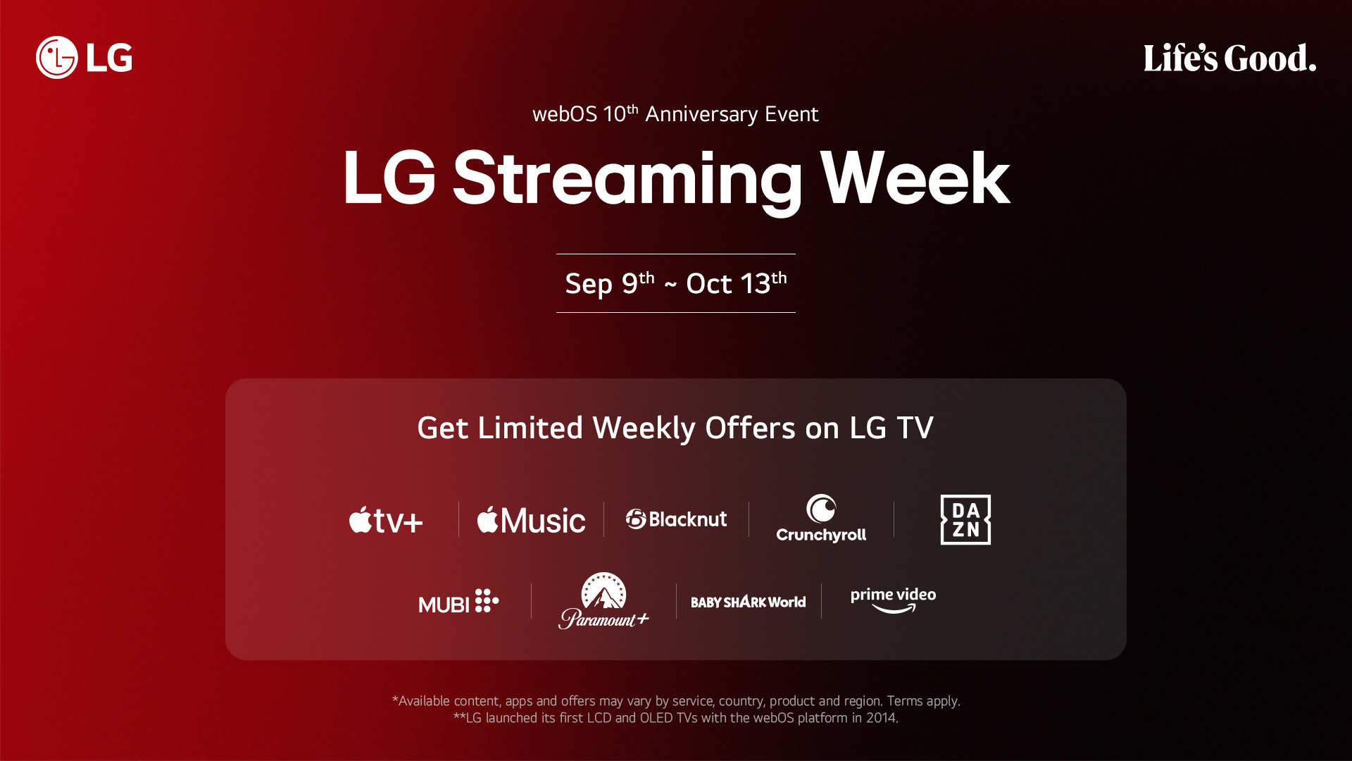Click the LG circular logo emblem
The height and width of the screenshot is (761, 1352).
coord(56,58)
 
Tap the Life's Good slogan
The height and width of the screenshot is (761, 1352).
coord(1229,58)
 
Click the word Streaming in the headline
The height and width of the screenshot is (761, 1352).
coord(627,179)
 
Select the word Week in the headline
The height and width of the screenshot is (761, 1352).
coord(915,179)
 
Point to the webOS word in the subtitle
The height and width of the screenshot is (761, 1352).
coord(564,114)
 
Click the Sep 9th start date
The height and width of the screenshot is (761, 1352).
coord(609,283)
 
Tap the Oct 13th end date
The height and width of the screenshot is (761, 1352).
coord(736,283)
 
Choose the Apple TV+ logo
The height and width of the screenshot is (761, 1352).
coord(386,520)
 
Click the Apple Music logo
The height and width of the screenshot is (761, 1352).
coord(531,520)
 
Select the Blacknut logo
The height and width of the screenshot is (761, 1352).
coord(676,519)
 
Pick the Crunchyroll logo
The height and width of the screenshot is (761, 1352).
coord(821,519)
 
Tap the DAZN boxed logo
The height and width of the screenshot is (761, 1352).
coord(965,519)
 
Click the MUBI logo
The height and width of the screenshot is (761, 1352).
coord(458,602)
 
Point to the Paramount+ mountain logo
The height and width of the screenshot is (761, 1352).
coord(603,600)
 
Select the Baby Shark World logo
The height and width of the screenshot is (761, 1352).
coord(748,602)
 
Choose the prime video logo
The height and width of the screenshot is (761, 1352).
coord(893,600)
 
